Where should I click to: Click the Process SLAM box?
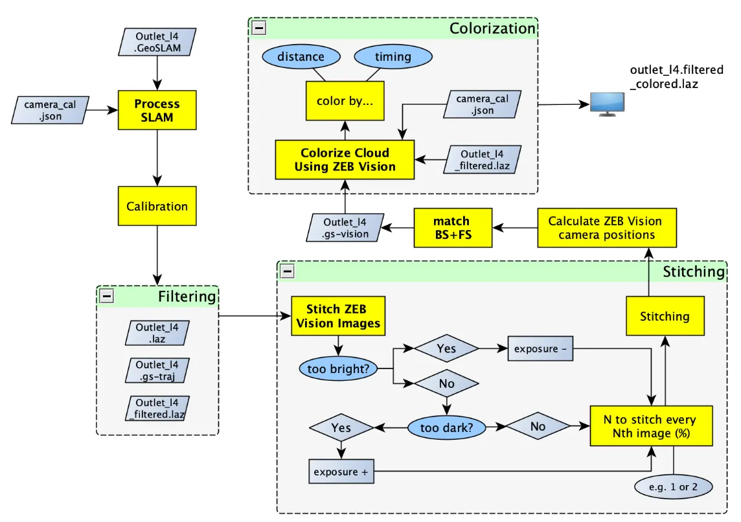[157, 111]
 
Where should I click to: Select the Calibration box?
[157, 207]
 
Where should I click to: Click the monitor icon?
[607, 104]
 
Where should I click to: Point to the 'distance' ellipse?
[301, 57]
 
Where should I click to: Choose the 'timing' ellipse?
[393, 57]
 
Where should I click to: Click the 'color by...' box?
[345, 101]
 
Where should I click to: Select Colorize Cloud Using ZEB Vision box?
[345, 160]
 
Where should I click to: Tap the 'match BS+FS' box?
[452, 228]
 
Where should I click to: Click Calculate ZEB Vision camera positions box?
[606, 228]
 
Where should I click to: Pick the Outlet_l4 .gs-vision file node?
[345, 228]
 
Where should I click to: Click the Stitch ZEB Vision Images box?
[337, 316]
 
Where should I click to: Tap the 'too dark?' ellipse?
[447, 427]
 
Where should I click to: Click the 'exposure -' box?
[540, 349]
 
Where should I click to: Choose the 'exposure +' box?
[341, 472]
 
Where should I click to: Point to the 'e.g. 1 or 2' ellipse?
[675, 487]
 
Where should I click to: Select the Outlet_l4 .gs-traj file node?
[157, 371]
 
